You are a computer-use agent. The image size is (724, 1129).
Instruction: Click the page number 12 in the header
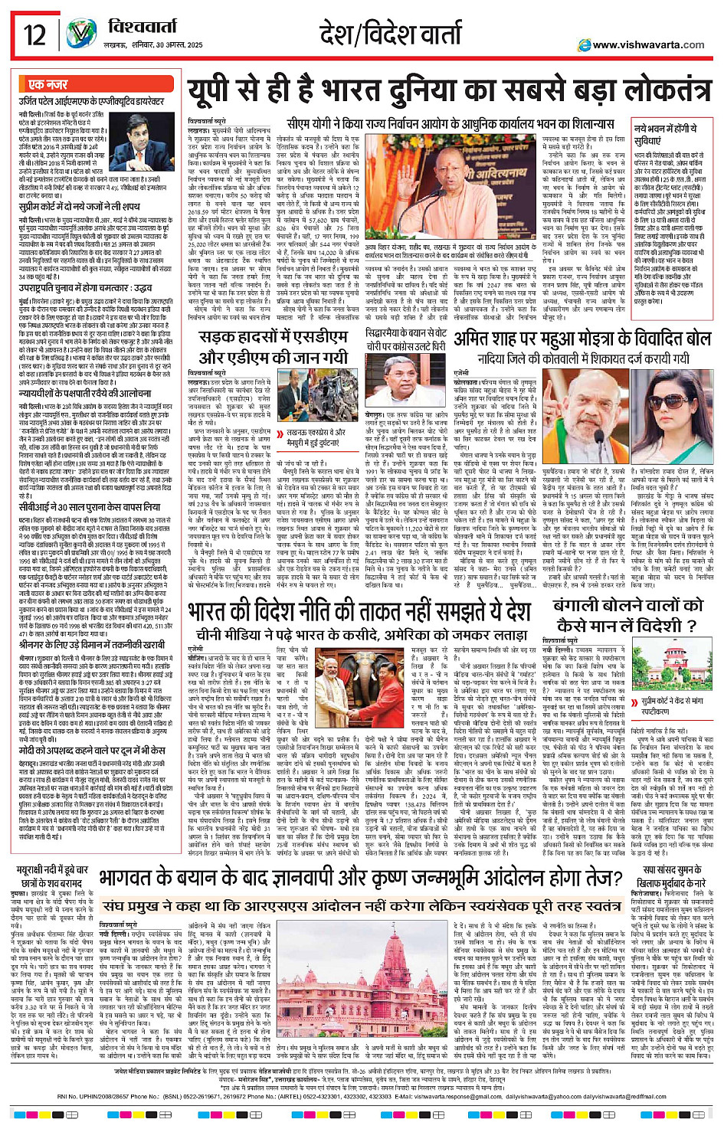(x=35, y=34)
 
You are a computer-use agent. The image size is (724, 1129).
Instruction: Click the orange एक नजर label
(x=48, y=85)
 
